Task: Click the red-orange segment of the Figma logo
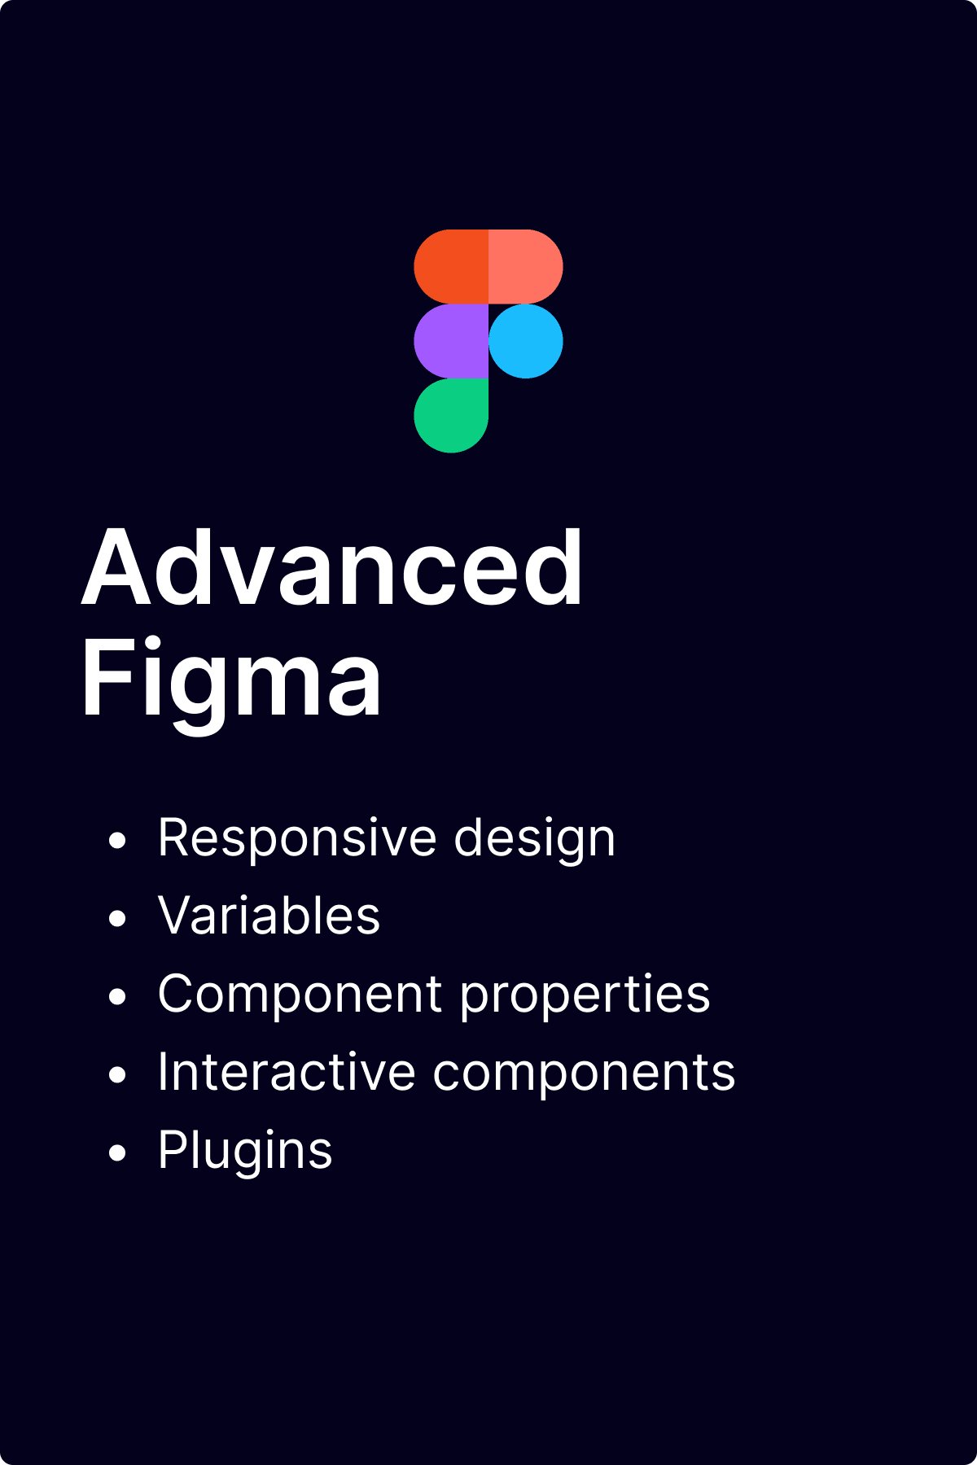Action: [451, 267]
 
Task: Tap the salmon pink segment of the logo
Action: [525, 267]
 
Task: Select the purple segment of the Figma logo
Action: [451, 341]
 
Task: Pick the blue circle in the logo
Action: [526, 341]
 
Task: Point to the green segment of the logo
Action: [451, 415]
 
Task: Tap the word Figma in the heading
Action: [231, 679]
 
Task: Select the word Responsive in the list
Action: [297, 837]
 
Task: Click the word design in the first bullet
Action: [534, 839]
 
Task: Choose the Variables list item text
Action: [269, 916]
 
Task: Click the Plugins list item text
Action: [245, 1151]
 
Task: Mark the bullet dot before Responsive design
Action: [118, 841]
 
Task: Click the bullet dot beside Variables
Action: [118, 919]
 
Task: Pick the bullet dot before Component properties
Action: [118, 997]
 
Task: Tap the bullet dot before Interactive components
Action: [118, 1075]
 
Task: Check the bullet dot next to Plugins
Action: [118, 1153]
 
